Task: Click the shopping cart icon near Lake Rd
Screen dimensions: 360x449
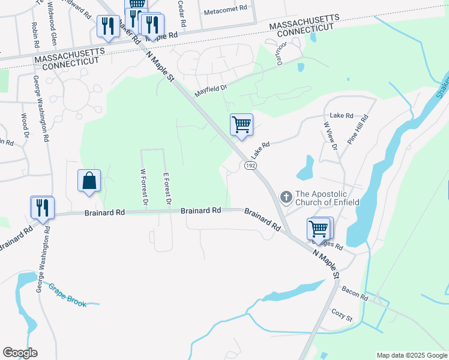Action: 241,125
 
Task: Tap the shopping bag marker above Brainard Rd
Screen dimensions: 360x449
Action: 89,181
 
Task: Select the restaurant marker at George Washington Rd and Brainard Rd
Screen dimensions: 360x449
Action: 43,208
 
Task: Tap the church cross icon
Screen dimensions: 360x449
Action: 286,197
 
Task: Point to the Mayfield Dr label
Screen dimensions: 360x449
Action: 211,91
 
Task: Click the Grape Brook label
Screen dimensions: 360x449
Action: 67,295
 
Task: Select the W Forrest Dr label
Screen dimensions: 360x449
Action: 143,187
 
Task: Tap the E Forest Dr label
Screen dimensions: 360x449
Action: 167,190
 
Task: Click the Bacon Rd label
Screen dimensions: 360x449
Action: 354,293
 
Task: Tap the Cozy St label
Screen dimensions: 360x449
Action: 341,314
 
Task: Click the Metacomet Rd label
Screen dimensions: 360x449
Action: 226,9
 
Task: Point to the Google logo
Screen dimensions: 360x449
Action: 20,353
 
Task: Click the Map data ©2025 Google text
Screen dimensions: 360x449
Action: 412,355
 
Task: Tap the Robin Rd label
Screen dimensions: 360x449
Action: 36,36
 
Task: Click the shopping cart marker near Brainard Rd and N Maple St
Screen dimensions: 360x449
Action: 319,228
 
